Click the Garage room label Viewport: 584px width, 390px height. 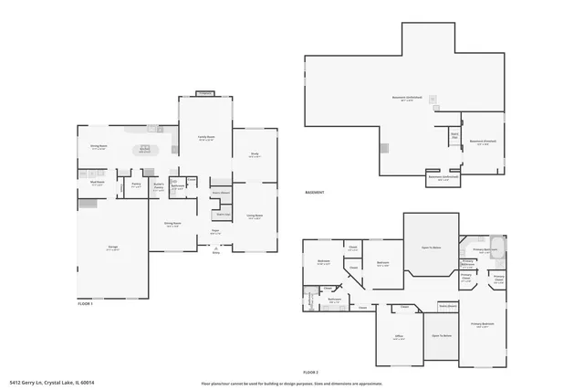[111, 248]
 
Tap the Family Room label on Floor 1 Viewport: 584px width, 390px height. [206, 138]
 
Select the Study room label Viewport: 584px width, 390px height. [255, 155]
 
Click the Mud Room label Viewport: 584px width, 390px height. [98, 183]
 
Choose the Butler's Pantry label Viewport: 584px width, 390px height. [159, 185]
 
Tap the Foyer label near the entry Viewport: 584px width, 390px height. [216, 232]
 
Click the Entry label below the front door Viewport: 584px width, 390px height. [216, 252]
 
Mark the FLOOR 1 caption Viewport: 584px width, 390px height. [86, 303]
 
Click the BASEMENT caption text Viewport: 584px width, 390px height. [317, 193]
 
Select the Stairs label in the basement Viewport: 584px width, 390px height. [454, 136]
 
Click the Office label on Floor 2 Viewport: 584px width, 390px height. [399, 338]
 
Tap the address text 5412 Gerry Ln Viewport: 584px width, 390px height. [52, 383]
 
